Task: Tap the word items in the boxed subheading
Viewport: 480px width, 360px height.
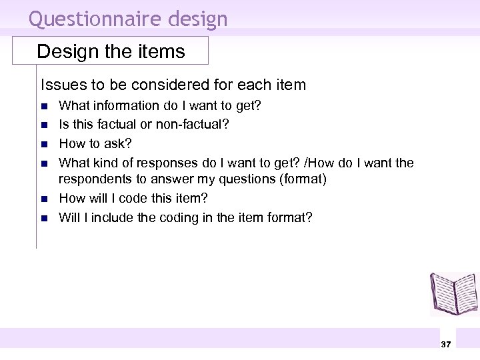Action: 165,51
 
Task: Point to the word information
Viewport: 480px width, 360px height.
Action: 123,105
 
